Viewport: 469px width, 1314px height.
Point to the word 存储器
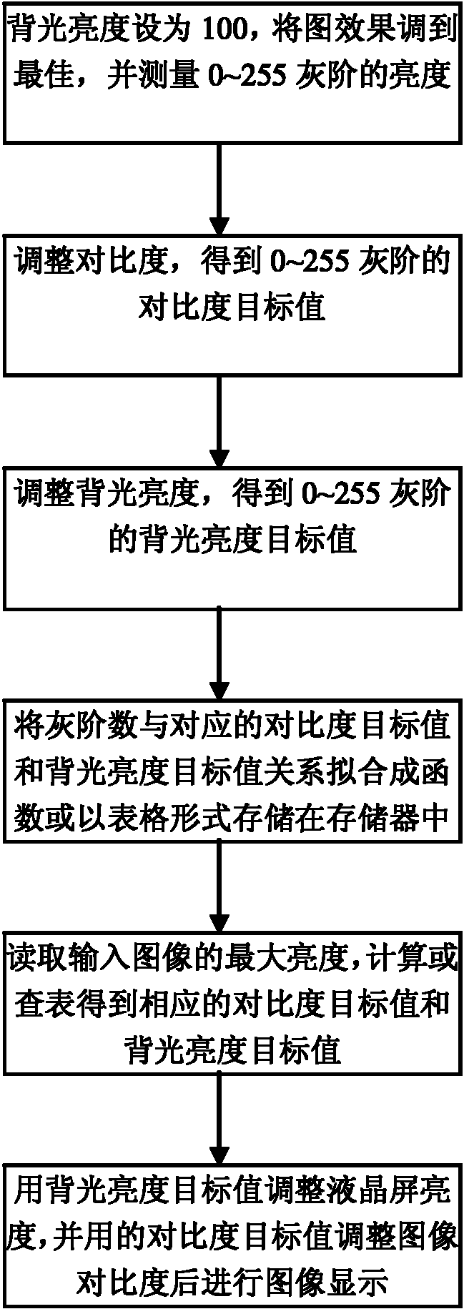(x=374, y=819)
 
